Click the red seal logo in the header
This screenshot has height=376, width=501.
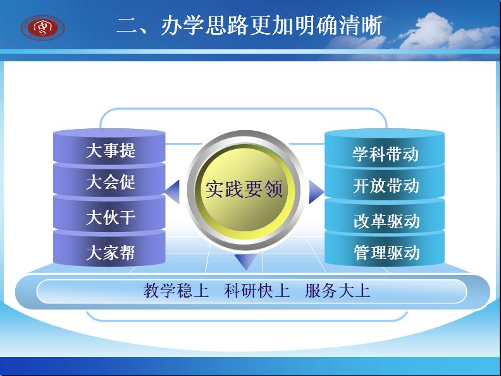(43, 28)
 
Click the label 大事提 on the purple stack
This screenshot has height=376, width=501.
(111, 150)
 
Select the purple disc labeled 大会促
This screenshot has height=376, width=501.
(109, 179)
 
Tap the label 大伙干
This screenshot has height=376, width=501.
(111, 217)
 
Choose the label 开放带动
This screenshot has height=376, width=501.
(386, 186)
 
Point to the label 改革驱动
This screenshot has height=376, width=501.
(387, 221)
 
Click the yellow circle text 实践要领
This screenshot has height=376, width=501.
(244, 189)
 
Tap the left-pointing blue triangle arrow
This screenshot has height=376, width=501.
(173, 192)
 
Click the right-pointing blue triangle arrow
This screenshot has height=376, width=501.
(316, 192)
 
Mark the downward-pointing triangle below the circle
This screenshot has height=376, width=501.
(246, 261)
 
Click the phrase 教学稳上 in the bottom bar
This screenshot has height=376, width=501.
(176, 291)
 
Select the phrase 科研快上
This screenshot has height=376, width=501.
(257, 291)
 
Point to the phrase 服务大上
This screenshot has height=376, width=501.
(338, 291)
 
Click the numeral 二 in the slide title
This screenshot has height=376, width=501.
(127, 25)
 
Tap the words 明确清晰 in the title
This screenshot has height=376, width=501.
(338, 25)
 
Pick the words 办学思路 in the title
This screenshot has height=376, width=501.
(205, 25)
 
